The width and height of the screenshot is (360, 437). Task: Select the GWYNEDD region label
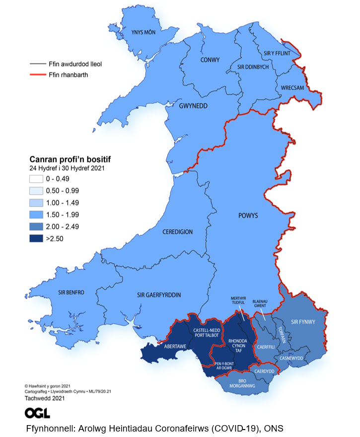[x=193, y=106]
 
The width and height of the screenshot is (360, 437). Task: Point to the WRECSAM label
[x=292, y=88]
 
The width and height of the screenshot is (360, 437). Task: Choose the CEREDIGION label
[x=177, y=232]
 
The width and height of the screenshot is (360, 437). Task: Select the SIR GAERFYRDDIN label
[x=158, y=295]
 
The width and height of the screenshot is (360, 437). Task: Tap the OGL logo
[x=37, y=413]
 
